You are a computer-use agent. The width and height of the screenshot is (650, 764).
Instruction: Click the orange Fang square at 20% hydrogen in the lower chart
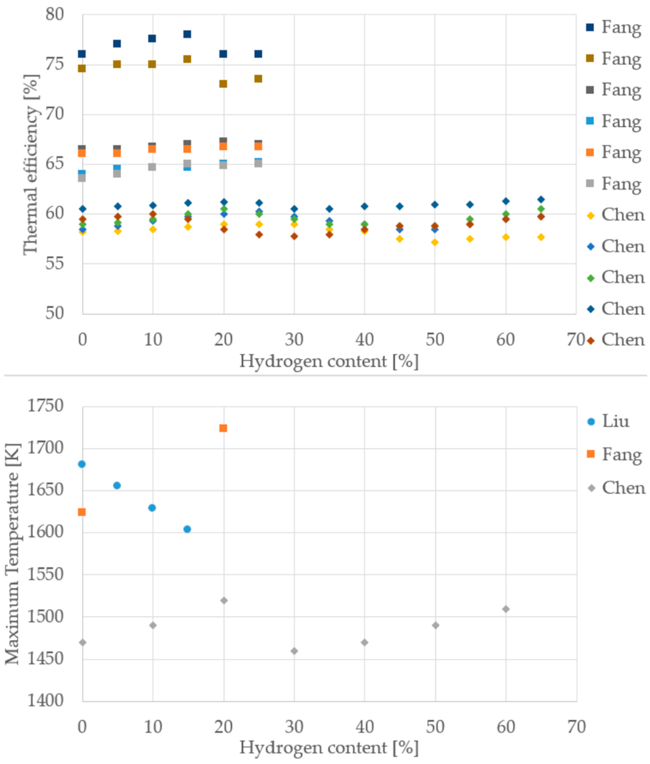[223, 428]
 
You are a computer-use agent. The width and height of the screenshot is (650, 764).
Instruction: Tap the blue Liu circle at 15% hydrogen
[187, 529]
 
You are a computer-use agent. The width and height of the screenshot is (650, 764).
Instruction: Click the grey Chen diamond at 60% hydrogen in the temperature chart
[506, 609]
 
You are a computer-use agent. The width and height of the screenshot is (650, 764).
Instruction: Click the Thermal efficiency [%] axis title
[31, 164]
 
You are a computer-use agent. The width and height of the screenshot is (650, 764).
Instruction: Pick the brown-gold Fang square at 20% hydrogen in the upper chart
[223, 84]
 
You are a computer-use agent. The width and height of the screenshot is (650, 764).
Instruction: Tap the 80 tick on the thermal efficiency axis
[54, 14]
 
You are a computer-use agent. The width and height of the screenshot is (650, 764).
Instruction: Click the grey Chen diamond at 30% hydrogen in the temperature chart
[294, 651]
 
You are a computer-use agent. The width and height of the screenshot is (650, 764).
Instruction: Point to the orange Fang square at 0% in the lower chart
[82, 512]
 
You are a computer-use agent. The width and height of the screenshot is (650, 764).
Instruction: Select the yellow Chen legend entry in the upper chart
[615, 215]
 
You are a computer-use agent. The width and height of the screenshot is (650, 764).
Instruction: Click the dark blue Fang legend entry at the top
[614, 27]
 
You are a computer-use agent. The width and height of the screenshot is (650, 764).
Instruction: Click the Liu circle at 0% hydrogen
[82, 464]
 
